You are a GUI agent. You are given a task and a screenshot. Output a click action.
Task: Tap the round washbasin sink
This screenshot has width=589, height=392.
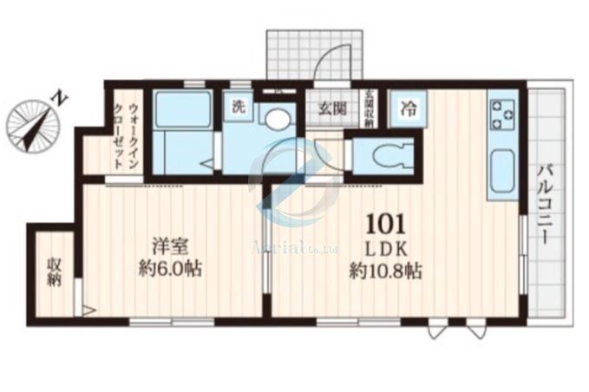(x=277, y=119)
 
